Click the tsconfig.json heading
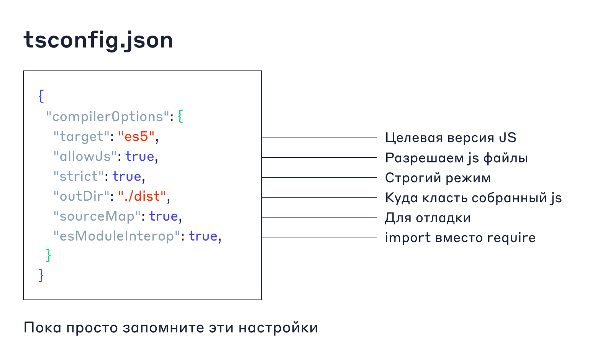click(98, 41)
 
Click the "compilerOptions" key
click(108, 117)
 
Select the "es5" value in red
click(136, 136)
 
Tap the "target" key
click(81, 136)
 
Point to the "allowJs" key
click(85, 157)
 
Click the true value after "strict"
click(127, 177)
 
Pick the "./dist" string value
click(142, 196)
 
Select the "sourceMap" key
click(97, 216)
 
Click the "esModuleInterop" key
click(117, 236)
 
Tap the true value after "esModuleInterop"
click(203, 236)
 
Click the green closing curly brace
click(48, 256)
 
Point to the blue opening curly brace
click(41, 96)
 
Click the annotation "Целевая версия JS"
click(451, 137)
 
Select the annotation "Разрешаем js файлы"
click(456, 158)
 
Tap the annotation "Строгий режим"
click(438, 178)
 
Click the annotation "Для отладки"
click(428, 218)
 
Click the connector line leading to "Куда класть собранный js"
click(320, 197)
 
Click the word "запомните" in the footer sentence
click(163, 328)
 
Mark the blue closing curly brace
click(41, 275)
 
